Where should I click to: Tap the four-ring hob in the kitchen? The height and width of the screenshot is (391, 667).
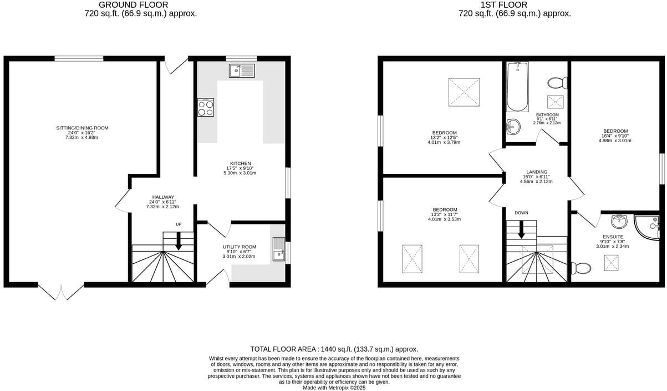[x=206, y=107]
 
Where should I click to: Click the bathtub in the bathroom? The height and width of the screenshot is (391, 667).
[x=518, y=87]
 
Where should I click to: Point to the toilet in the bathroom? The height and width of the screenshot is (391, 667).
[x=557, y=83]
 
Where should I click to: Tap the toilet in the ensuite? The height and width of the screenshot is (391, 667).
[x=582, y=269]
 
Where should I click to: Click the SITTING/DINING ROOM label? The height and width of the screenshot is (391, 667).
[x=82, y=128]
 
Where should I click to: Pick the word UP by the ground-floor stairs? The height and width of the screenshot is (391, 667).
[x=179, y=224]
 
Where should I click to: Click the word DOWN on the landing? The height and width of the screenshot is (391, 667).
[x=521, y=213]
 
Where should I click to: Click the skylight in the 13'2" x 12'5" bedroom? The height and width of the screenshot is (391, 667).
[x=464, y=92]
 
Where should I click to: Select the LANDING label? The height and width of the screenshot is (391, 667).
[x=536, y=172]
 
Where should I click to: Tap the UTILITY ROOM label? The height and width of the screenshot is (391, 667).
[x=240, y=247]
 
